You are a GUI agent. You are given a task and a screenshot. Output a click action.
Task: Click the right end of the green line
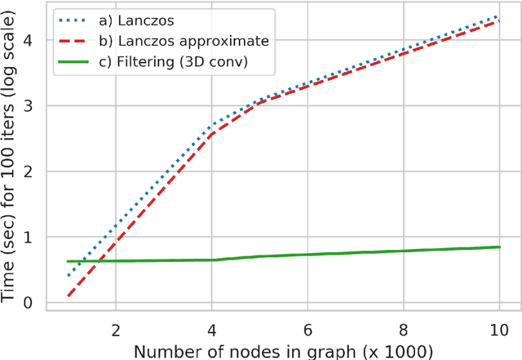click(x=499, y=247)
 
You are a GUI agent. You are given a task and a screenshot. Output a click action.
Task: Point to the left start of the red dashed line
click(x=68, y=296)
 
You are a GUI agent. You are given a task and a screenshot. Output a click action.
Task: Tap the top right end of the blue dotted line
click(x=499, y=16)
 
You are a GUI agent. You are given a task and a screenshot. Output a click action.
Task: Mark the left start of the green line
click(x=68, y=261)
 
